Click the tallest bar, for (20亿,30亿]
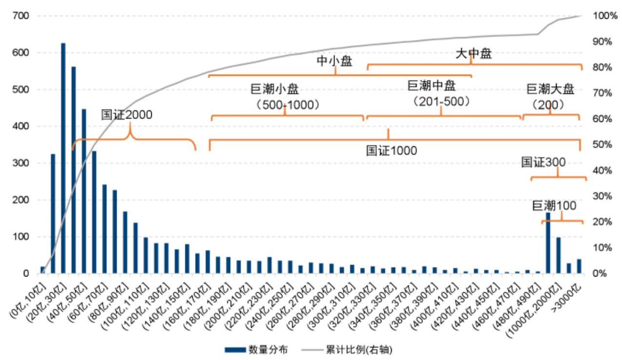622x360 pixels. tap(63, 158)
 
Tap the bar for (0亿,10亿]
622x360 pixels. tap(42, 270)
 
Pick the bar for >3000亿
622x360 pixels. tap(579, 266)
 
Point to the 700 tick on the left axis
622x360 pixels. tap(22, 16)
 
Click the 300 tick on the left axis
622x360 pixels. tap(22, 163)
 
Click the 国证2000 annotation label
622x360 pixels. tap(127, 115)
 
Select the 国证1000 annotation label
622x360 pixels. tap(391, 151)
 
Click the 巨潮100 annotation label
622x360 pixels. tap(554, 206)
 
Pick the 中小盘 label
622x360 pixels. tap(335, 60)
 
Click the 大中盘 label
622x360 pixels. tap(473, 54)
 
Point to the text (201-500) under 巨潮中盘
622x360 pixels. tap(441, 101)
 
